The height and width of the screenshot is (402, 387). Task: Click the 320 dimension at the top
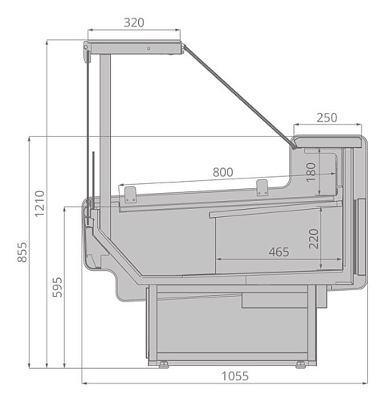pyautogui.click(x=134, y=23)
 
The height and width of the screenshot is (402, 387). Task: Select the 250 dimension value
pyautogui.click(x=326, y=117)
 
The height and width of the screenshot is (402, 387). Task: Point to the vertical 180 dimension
pyautogui.click(x=312, y=172)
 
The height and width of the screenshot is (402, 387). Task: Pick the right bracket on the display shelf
pyautogui.click(x=261, y=187)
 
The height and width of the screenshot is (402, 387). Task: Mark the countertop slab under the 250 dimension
pyautogui.click(x=327, y=142)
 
